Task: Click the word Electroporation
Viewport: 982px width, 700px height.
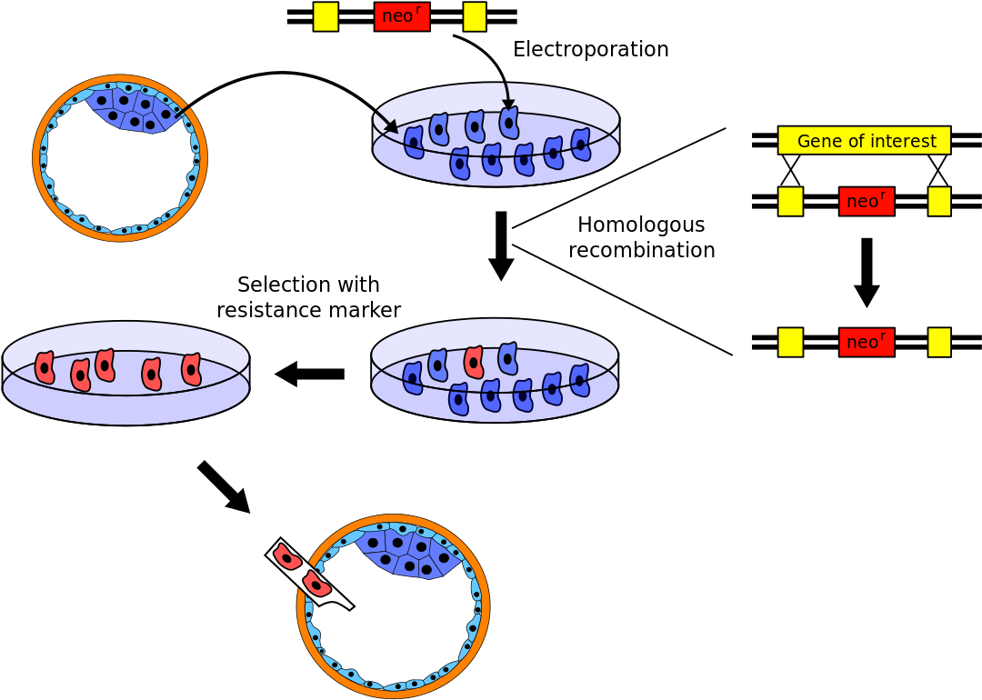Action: (x=591, y=49)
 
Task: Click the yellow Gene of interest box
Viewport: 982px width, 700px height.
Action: (x=865, y=140)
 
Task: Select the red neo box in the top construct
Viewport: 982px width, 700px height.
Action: (x=402, y=15)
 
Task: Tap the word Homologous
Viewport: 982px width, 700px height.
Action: (x=641, y=225)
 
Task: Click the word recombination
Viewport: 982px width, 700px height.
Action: (x=641, y=250)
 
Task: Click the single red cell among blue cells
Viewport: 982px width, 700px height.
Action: (x=474, y=362)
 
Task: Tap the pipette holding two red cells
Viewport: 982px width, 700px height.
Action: (x=309, y=573)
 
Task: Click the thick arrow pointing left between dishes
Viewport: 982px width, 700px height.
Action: (x=309, y=374)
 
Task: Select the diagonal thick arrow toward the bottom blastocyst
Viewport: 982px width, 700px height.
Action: (x=224, y=486)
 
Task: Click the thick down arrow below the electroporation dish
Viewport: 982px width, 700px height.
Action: (x=501, y=245)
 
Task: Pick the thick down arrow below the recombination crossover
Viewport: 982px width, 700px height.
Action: (x=867, y=273)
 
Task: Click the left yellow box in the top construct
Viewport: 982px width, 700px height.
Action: (x=326, y=16)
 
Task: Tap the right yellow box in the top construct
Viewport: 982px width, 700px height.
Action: (x=474, y=16)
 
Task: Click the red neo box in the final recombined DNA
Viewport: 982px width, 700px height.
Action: (x=867, y=342)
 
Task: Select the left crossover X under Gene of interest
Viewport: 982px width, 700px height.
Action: (x=790, y=170)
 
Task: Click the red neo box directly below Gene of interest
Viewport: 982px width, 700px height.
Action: (x=867, y=201)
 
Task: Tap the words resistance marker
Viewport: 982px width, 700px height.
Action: (x=309, y=310)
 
